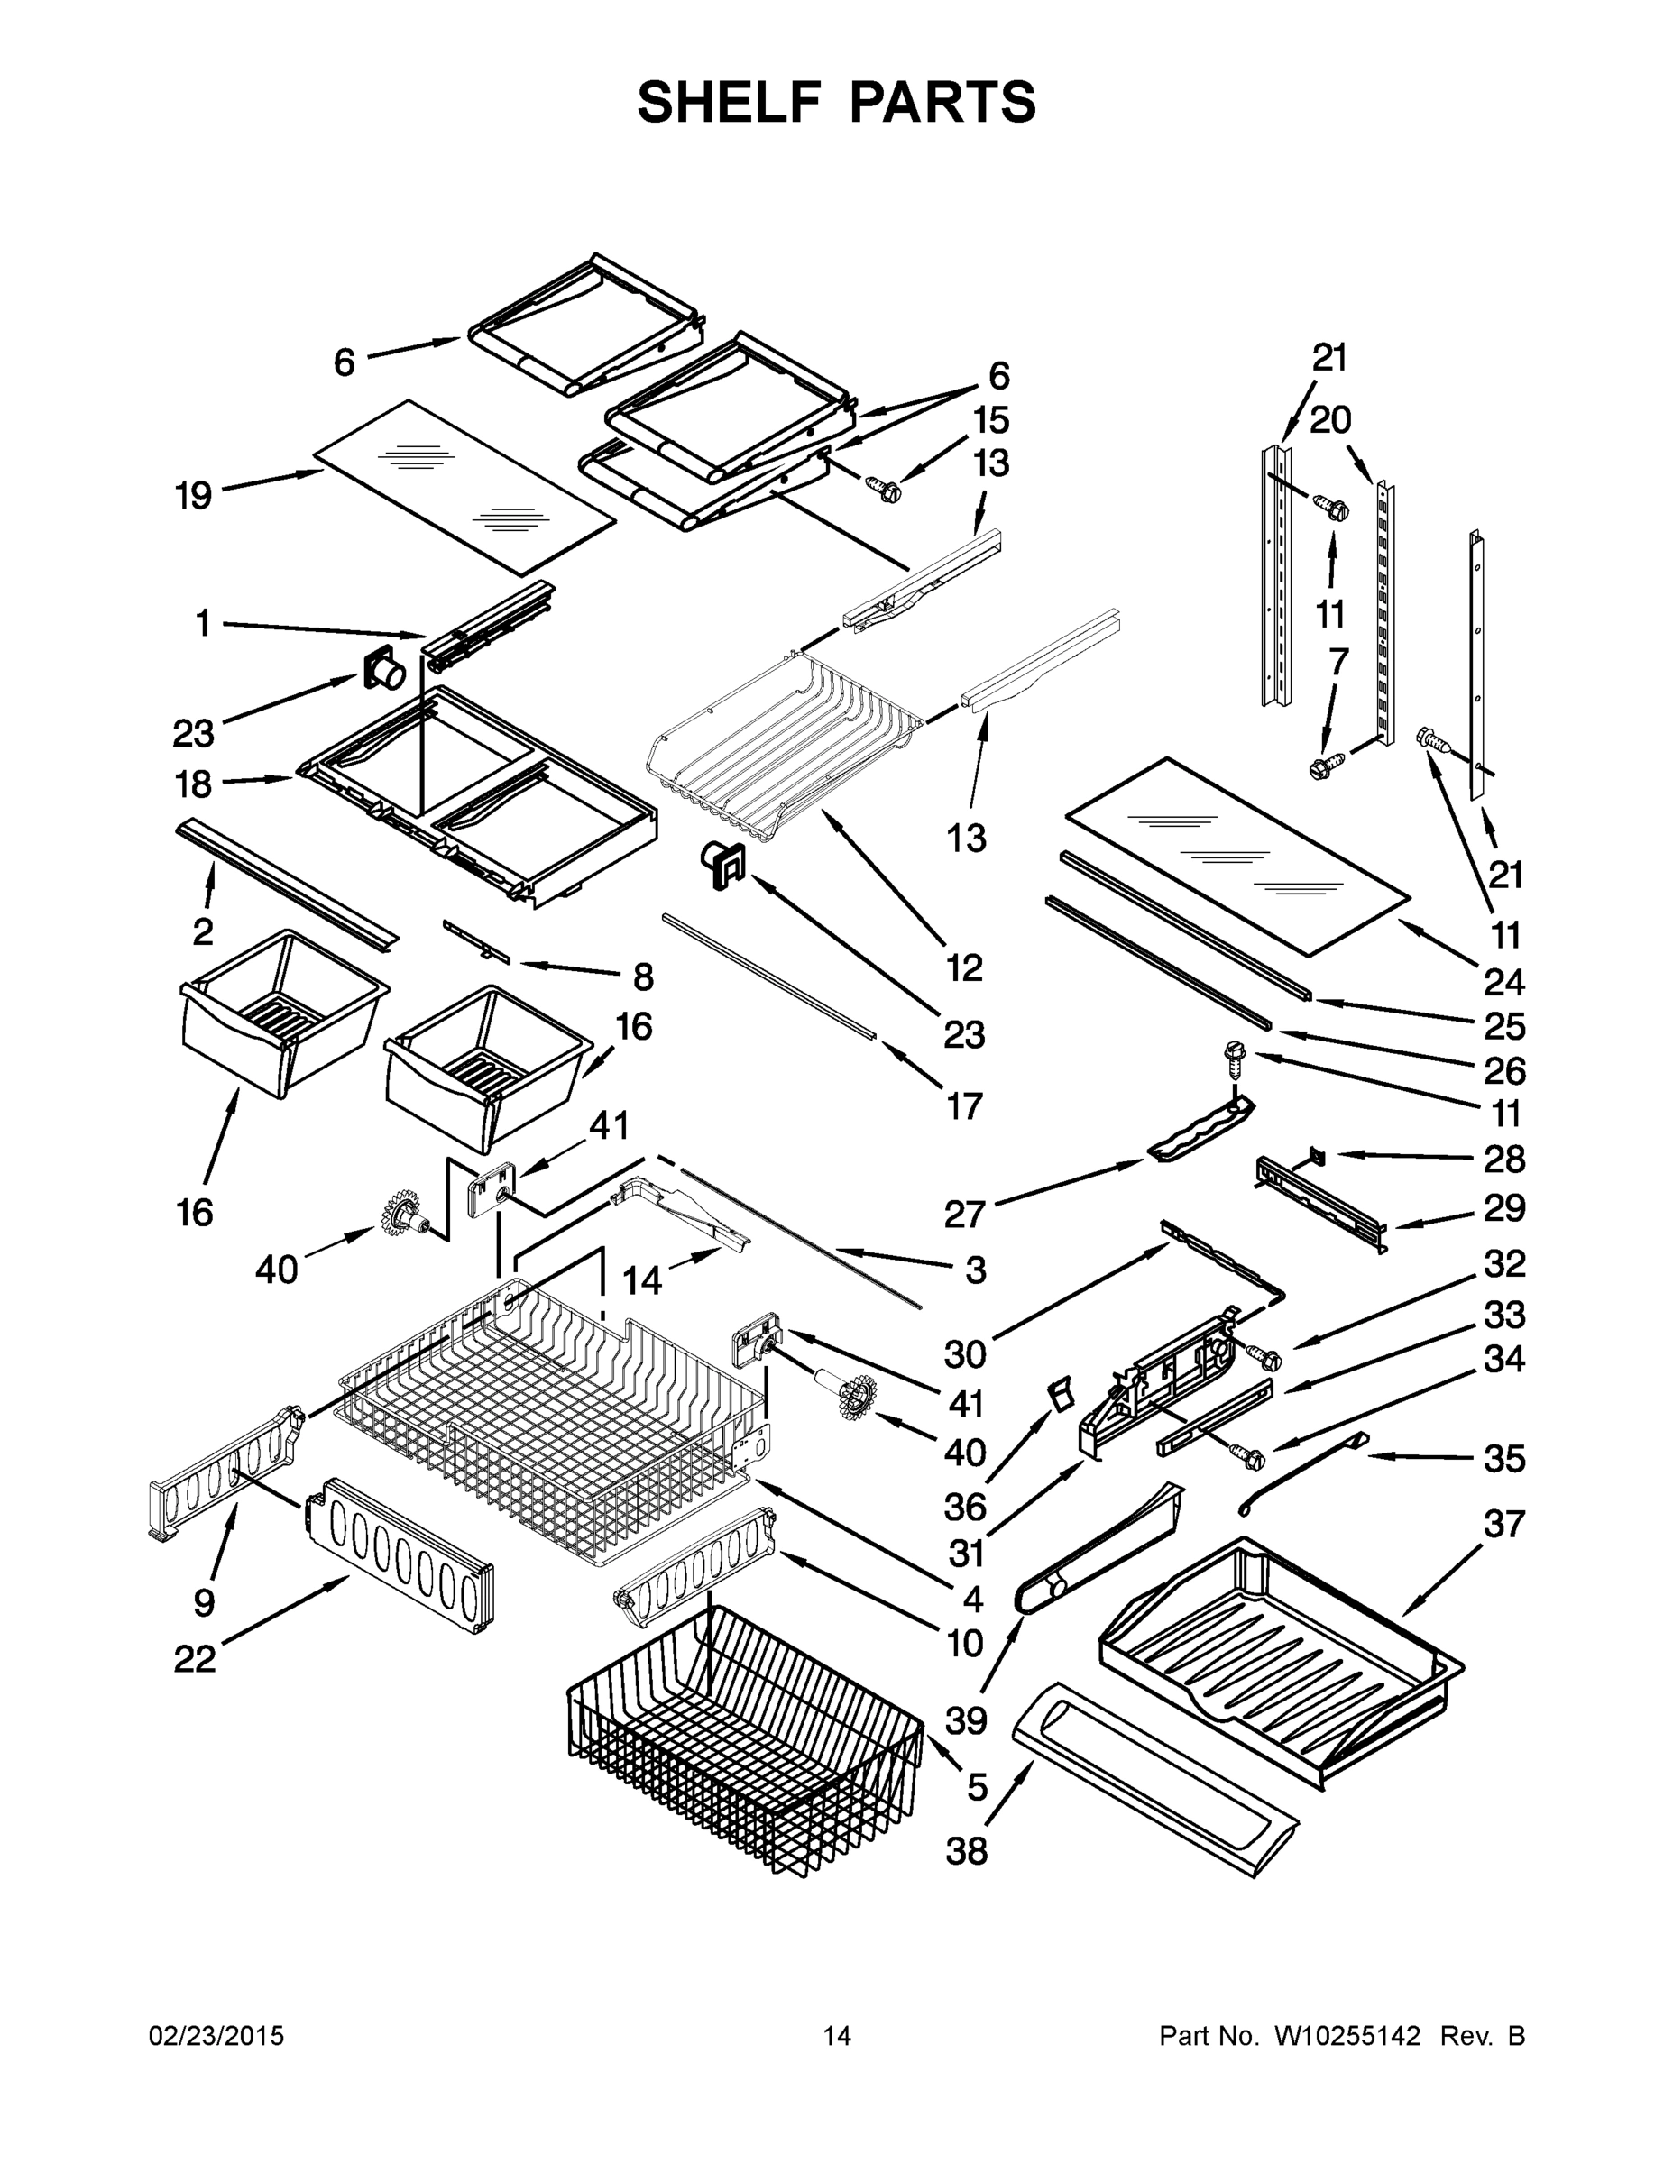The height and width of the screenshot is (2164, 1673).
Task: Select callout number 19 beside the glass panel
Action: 194,494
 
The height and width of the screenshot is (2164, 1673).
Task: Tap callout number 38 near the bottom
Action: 966,1849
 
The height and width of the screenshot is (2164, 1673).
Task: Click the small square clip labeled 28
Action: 1317,1153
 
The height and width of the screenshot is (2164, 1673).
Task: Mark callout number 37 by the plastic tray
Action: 1503,1523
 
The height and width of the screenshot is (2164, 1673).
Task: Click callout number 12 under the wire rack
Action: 963,967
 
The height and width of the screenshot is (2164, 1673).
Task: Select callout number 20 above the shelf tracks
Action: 1330,420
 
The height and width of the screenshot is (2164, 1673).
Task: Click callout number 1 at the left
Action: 202,623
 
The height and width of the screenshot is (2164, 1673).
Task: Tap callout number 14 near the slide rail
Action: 641,1281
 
